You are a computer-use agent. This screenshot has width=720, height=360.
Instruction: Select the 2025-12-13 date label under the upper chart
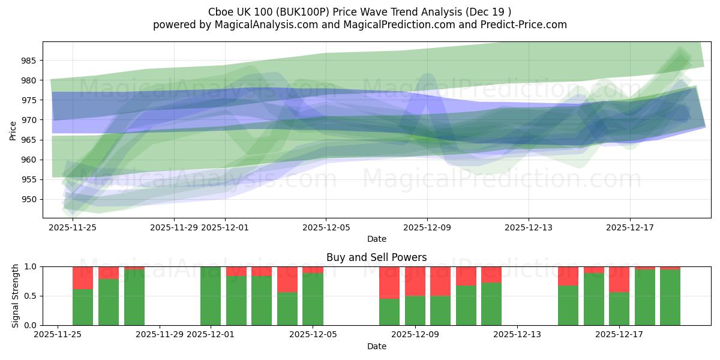point(529,227)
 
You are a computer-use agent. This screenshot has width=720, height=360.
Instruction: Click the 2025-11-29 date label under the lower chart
point(160,335)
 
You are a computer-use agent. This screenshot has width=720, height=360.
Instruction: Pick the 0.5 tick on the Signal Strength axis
point(31,296)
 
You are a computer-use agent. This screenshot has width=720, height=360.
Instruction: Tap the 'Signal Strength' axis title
point(16,296)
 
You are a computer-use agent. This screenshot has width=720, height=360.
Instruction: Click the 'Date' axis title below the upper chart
point(377,239)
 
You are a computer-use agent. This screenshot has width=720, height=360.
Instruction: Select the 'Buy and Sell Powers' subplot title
point(377,257)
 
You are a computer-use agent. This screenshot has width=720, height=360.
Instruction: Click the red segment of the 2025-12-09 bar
point(415,281)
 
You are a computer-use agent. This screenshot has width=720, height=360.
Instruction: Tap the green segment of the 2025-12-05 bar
point(313,299)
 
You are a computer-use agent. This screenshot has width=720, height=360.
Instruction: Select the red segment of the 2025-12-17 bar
point(619,279)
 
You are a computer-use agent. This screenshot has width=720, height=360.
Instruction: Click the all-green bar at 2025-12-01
point(211,296)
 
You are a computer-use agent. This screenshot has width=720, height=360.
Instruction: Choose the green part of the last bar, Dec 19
point(670,298)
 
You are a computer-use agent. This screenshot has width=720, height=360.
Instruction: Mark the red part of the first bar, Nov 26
point(83,278)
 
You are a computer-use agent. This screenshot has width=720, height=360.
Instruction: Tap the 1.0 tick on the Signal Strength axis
point(31,266)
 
